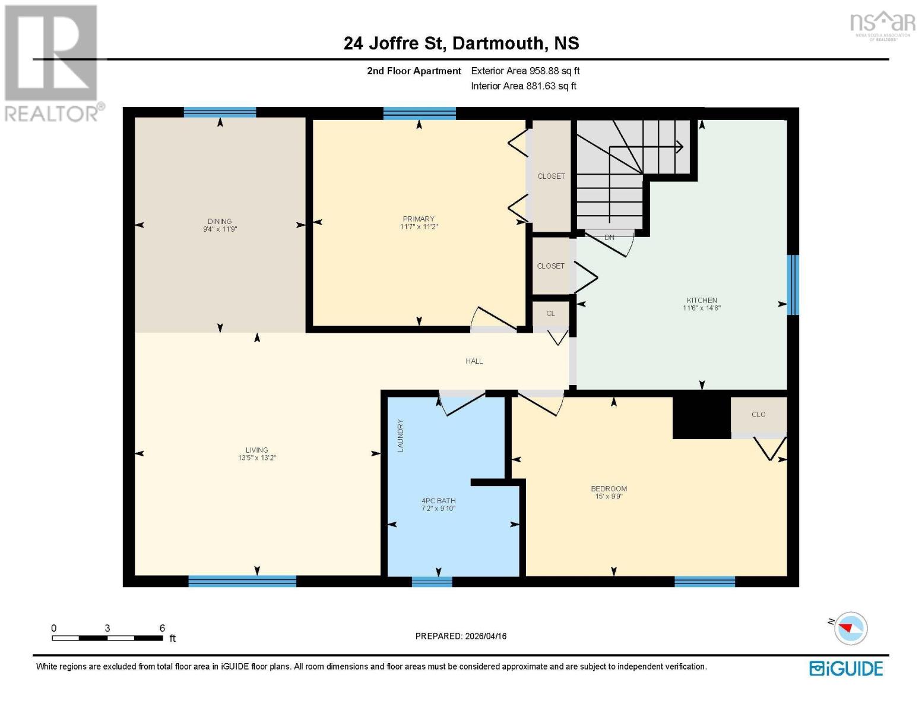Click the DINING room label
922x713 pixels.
tap(220, 221)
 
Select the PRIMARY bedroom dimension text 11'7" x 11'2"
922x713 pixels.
tap(419, 227)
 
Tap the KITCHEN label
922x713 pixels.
tap(702, 300)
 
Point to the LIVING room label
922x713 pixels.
tap(257, 450)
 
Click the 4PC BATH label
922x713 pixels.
tap(438, 501)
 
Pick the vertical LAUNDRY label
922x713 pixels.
tap(400, 436)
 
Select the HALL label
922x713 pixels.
tap(474, 361)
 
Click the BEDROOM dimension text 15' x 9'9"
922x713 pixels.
tap(609, 496)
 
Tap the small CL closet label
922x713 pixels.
tap(550, 313)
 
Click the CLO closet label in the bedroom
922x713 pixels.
tap(758, 414)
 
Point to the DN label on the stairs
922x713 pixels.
tap(609, 237)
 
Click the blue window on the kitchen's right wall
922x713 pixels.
tap(793, 285)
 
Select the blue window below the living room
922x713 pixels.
tap(242, 581)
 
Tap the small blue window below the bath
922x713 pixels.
tap(432, 582)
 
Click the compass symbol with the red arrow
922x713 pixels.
tap(851, 628)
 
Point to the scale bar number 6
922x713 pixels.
tap(162, 628)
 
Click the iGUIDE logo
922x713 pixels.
tap(846, 668)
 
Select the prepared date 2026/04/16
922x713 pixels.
tap(485, 636)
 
